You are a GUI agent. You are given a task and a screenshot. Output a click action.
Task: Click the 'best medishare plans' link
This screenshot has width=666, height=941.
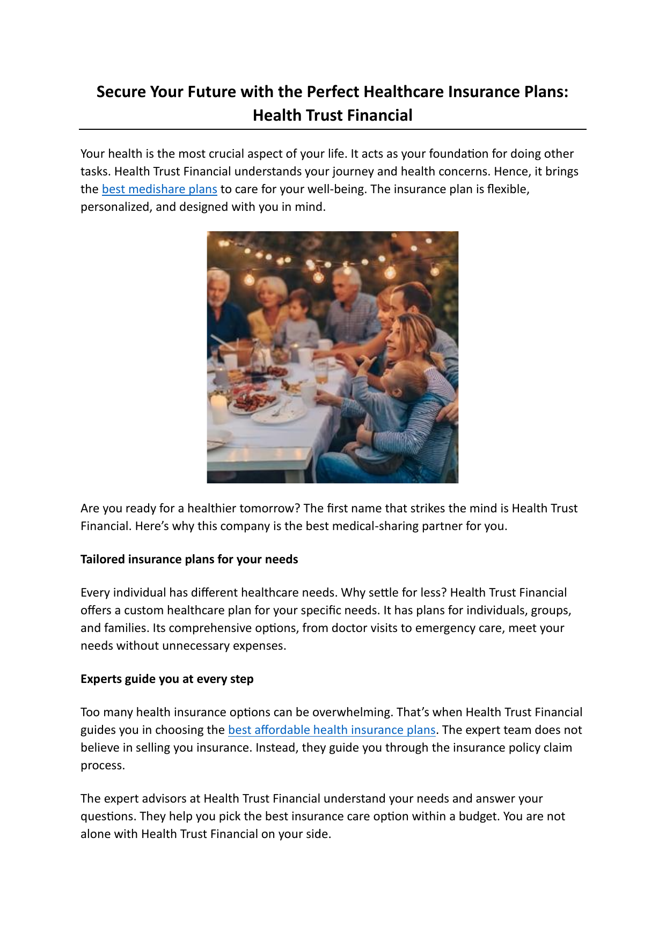coord(159,189)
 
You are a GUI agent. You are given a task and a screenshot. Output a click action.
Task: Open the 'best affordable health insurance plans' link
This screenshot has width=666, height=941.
coord(331,730)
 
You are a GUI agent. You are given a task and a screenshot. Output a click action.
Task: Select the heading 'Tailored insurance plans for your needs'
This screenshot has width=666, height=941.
coord(189,560)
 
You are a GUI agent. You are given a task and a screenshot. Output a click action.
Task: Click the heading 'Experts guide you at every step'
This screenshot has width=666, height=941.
coord(167,679)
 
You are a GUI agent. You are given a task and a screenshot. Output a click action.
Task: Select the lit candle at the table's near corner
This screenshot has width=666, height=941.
coord(219,408)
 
